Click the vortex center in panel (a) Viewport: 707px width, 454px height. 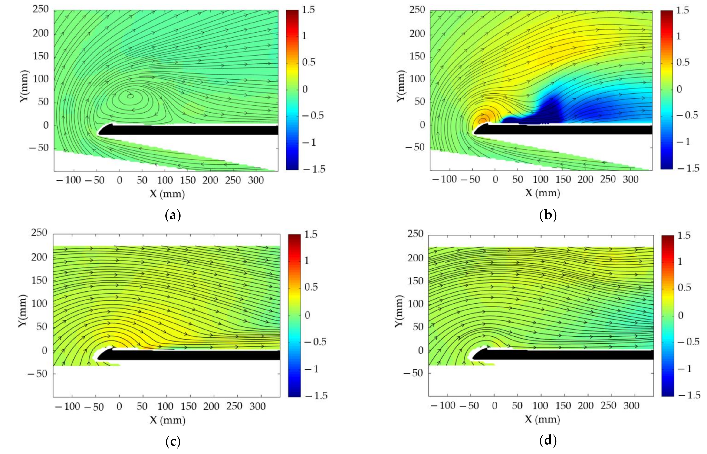(x=130, y=95)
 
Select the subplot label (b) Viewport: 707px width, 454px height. (x=548, y=216)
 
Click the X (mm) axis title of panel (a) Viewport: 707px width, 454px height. (x=167, y=194)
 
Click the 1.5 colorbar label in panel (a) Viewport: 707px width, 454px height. (x=309, y=10)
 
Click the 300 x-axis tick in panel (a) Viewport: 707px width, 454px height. (x=256, y=180)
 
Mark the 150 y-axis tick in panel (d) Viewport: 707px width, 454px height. (x=416, y=281)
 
